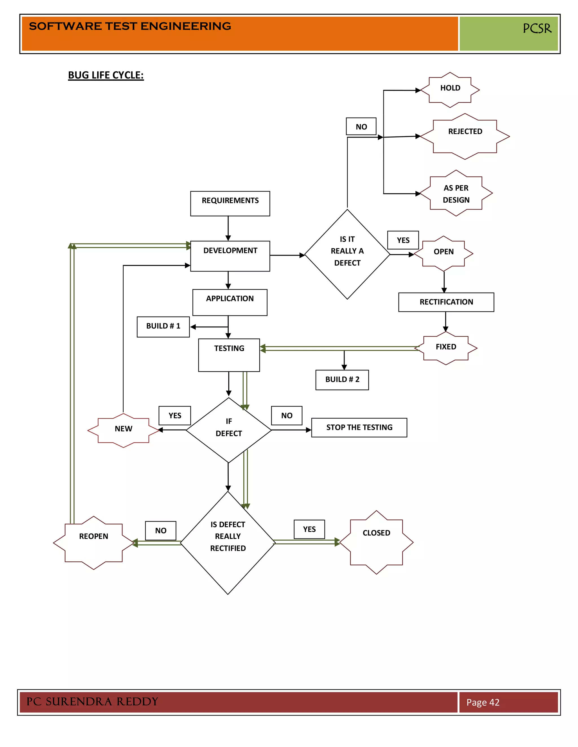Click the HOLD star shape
coord(450,90)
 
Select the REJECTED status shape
coord(465,136)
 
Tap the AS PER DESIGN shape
coord(456,194)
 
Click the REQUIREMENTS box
coord(230,204)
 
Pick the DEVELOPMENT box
coord(230,256)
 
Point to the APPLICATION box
coord(230,302)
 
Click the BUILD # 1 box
coord(163,327)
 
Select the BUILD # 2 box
coord(342,380)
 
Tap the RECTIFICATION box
coord(446,302)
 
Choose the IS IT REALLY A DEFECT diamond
coord(347,254)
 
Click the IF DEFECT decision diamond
coord(228,430)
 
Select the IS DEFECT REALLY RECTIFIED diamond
coord(228,542)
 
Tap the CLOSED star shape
coord(376,542)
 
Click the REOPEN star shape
coord(93,542)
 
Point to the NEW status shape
coord(123,430)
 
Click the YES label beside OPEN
coord(403,240)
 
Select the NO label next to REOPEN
coord(161,531)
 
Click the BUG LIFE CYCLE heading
coord(106,75)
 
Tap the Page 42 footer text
coord(483,702)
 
